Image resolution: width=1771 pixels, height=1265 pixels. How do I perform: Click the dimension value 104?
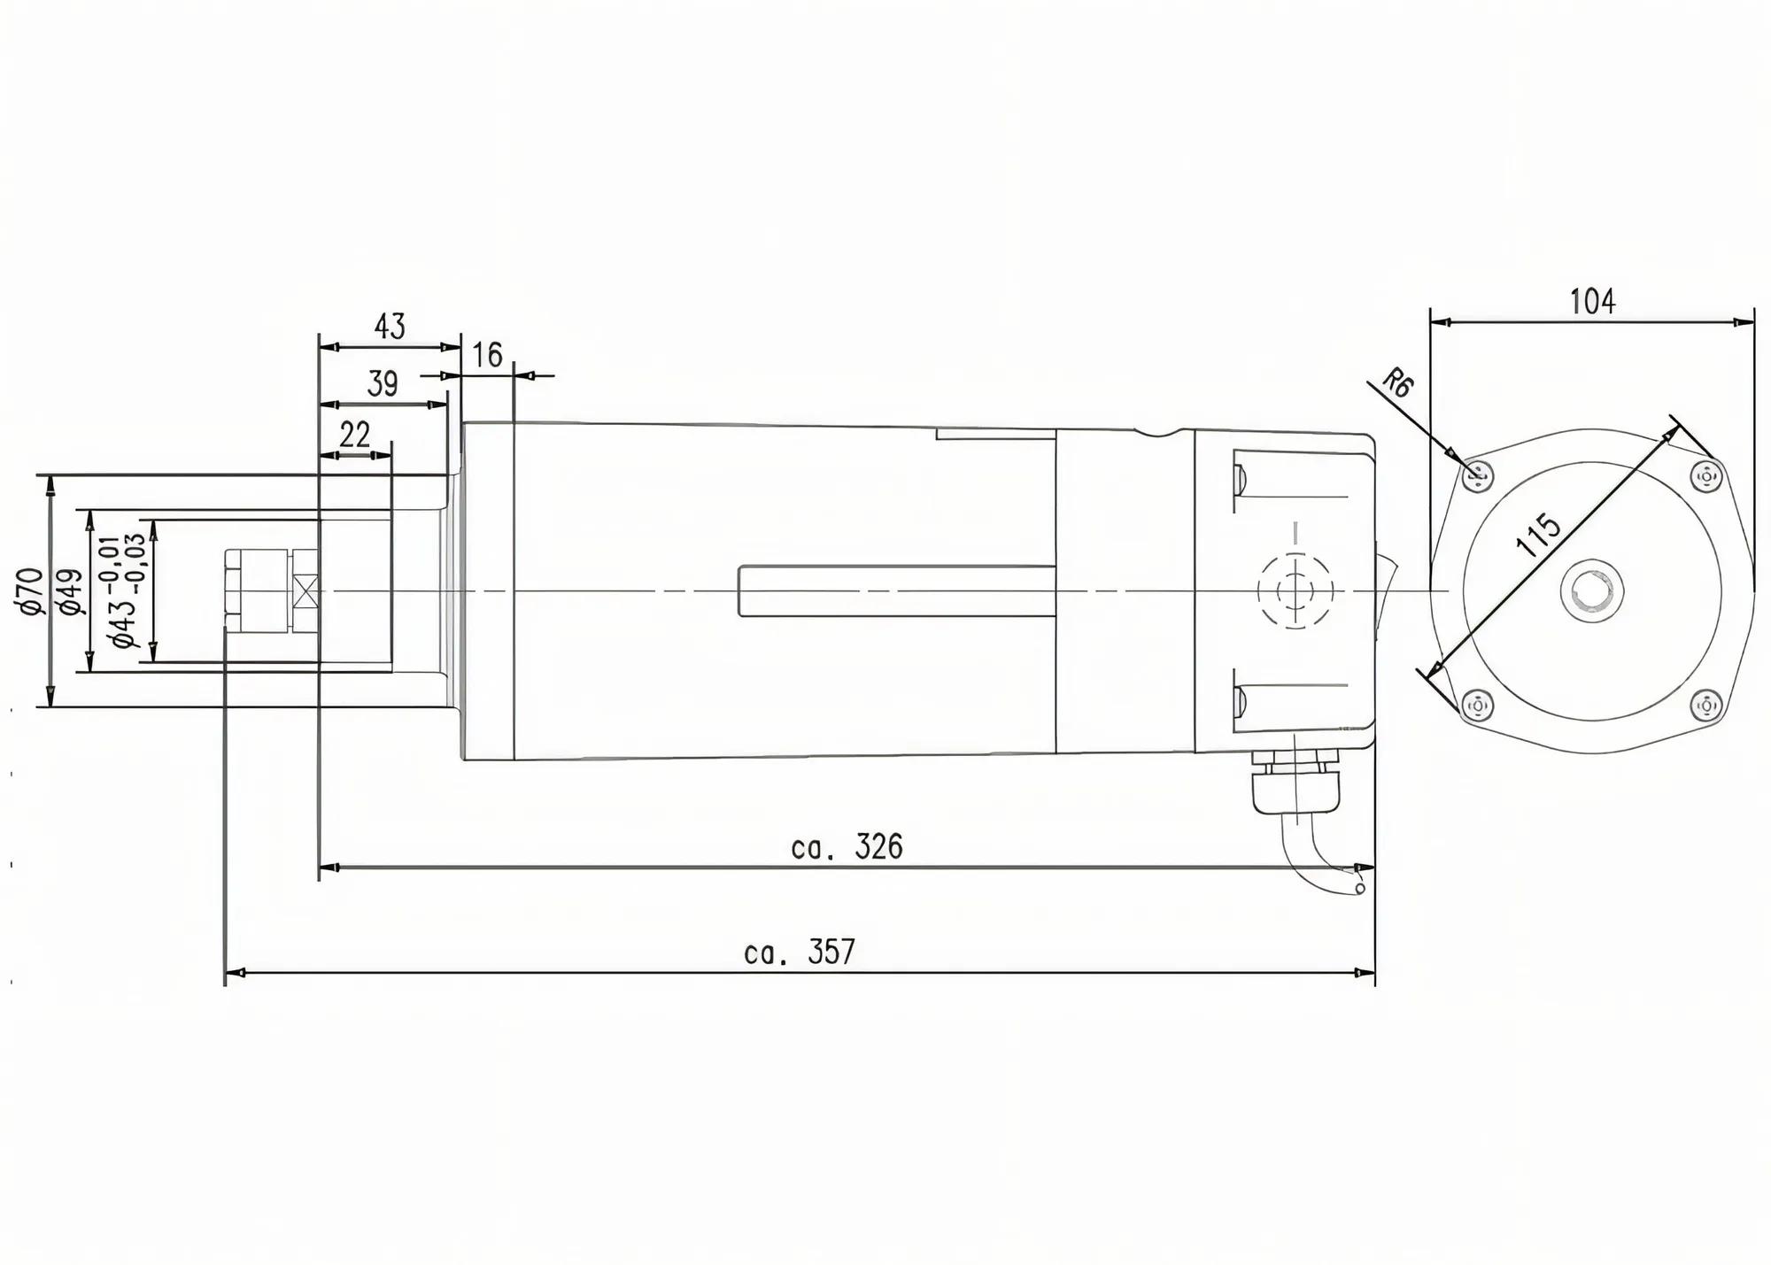(1592, 302)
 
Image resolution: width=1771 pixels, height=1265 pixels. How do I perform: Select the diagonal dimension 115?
(1538, 535)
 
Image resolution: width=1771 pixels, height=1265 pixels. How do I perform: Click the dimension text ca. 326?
(847, 847)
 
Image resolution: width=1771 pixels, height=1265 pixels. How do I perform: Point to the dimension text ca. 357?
(800, 953)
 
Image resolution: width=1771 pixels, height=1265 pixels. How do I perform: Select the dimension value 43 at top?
(390, 327)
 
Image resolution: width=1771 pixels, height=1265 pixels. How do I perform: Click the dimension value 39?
(382, 384)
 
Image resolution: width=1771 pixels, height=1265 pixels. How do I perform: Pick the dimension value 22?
(354, 435)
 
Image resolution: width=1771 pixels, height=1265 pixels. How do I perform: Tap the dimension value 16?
(487, 355)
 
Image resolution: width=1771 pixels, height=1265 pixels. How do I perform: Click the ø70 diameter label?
(29, 591)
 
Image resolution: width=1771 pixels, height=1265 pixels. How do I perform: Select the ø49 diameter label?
(71, 591)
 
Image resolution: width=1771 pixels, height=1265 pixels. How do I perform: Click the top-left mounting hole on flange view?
(1477, 477)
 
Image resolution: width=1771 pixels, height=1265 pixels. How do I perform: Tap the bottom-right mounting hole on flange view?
(1705, 706)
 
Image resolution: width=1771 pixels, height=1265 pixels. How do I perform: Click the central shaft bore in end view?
(1591, 590)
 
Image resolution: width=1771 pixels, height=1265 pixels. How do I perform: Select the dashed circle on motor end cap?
(1295, 590)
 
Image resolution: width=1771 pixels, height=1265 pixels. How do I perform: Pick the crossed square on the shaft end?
(307, 590)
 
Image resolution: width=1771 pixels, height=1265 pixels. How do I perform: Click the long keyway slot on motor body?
(896, 590)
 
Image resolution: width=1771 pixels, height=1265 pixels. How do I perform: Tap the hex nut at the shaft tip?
(257, 590)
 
